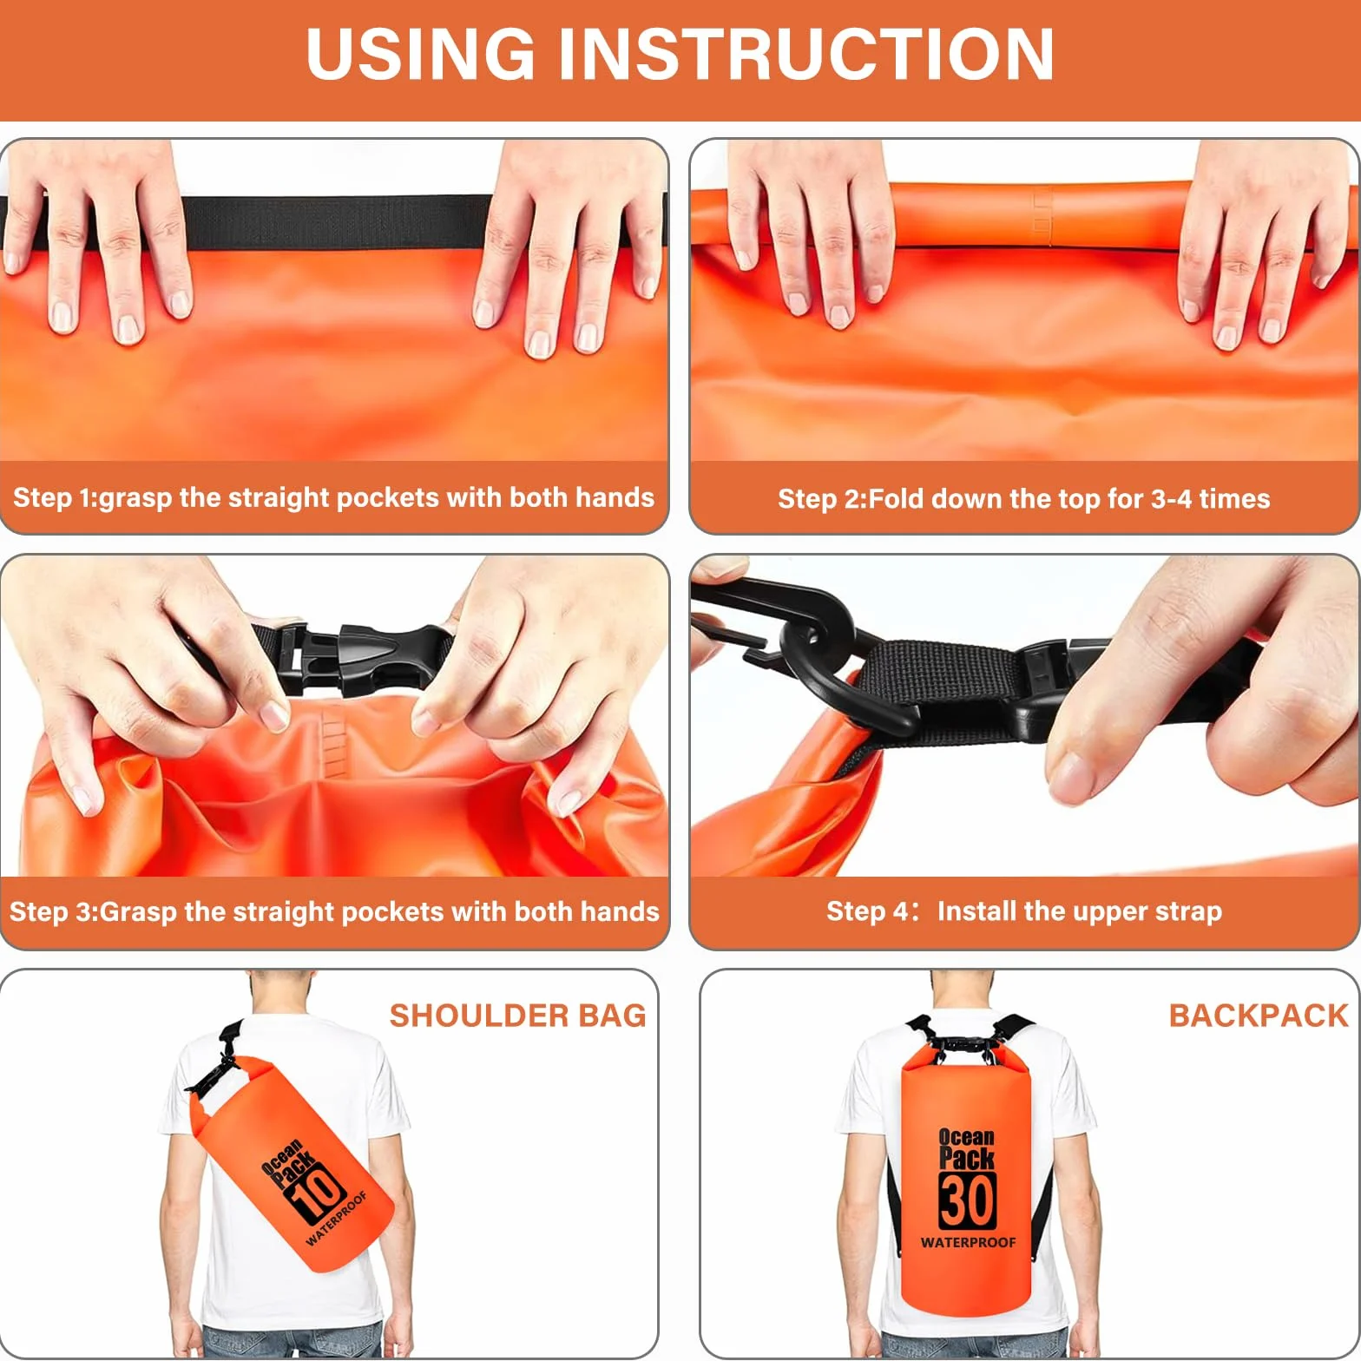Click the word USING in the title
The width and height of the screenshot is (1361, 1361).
point(421,54)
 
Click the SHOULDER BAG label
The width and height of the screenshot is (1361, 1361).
point(517,1016)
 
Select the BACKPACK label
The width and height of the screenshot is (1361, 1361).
point(1259,1016)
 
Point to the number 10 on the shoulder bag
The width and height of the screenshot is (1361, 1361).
point(318,1193)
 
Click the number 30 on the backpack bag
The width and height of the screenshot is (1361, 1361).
point(968,1200)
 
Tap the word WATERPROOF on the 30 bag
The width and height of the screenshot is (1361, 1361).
point(968,1243)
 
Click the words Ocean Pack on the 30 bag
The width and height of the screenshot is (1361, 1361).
point(967,1147)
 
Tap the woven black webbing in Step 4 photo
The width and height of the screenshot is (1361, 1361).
point(942,690)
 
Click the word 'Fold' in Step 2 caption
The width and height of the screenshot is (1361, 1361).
point(897,499)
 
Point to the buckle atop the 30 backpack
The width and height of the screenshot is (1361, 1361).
point(964,1045)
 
